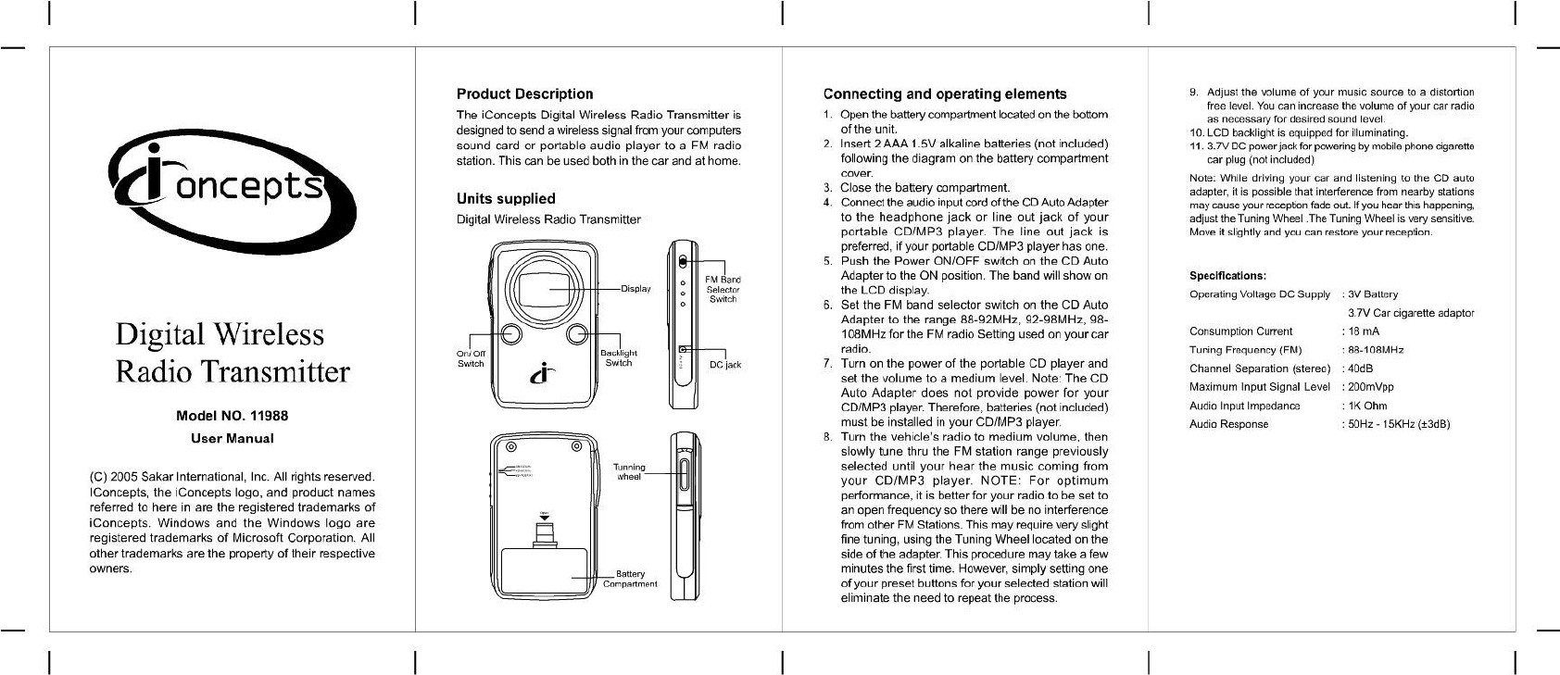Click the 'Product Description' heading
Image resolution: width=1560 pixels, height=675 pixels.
click(524, 94)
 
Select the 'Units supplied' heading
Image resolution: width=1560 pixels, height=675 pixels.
click(506, 198)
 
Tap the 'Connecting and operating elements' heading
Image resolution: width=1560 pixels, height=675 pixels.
click(945, 94)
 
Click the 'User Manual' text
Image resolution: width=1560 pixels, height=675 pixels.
click(233, 438)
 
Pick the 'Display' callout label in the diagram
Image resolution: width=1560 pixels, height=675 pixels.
click(635, 289)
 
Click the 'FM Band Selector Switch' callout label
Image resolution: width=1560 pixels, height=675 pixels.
click(723, 289)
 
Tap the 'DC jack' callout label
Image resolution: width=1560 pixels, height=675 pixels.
click(725, 365)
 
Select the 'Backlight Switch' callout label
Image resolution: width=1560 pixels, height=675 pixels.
click(618, 358)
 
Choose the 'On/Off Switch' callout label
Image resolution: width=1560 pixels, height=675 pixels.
click(471, 358)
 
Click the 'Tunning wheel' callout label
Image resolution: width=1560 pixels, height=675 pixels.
click(629, 471)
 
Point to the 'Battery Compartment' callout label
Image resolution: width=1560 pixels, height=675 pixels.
click(630, 579)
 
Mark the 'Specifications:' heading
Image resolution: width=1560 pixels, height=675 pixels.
click(1227, 275)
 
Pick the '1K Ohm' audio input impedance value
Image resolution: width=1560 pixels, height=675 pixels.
click(1367, 406)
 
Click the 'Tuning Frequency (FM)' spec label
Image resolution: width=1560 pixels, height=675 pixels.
click(1245, 350)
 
